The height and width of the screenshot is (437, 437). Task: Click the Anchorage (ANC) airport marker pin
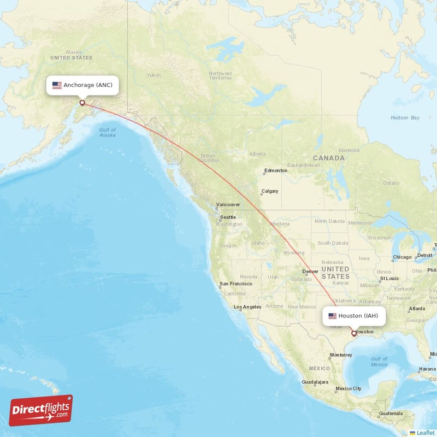tap(82, 102)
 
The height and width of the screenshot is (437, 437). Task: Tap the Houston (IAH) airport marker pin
tap(354, 333)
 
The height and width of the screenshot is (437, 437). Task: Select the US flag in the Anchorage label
tap(57, 85)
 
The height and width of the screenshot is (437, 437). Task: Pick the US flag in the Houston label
tap(332, 316)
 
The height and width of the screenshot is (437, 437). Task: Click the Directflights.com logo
tap(41, 410)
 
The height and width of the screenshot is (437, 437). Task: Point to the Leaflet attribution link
tap(426, 433)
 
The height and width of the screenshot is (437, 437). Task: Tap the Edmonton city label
tap(275, 171)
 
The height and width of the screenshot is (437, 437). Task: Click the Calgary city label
tap(269, 191)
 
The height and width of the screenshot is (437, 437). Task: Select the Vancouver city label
tap(228, 205)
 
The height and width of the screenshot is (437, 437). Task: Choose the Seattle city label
tap(228, 217)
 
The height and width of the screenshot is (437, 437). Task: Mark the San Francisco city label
tap(235, 284)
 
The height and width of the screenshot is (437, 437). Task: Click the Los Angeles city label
tap(247, 307)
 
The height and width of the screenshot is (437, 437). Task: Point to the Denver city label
tap(310, 271)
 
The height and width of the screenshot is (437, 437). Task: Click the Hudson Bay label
tap(405, 117)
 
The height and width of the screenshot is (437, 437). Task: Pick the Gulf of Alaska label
tap(108, 132)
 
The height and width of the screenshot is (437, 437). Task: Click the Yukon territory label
tap(154, 75)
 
